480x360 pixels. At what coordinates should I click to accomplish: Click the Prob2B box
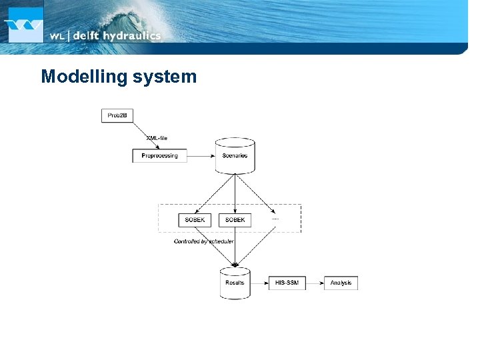tap(117, 115)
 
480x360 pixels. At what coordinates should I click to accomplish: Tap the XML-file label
tap(157, 138)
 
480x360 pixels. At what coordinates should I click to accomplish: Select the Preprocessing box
tap(160, 155)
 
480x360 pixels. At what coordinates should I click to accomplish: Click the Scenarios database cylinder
tap(235, 155)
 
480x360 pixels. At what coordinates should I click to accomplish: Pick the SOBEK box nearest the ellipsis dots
tap(235, 219)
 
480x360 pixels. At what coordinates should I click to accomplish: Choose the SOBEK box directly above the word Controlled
tap(195, 219)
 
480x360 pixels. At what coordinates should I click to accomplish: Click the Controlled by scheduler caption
tap(203, 241)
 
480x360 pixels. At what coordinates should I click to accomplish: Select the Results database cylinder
tap(235, 283)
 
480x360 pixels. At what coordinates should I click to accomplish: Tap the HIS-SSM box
tap(287, 283)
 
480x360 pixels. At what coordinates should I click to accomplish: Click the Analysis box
tap(341, 283)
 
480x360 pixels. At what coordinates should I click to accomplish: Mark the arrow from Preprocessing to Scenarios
tap(201, 155)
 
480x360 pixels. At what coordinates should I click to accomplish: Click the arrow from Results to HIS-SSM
tap(259, 283)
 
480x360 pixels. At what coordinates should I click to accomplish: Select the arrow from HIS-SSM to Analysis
tap(314, 283)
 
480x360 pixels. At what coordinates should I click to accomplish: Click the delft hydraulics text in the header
tap(117, 36)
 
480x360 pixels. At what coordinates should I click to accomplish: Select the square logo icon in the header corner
tap(24, 23)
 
